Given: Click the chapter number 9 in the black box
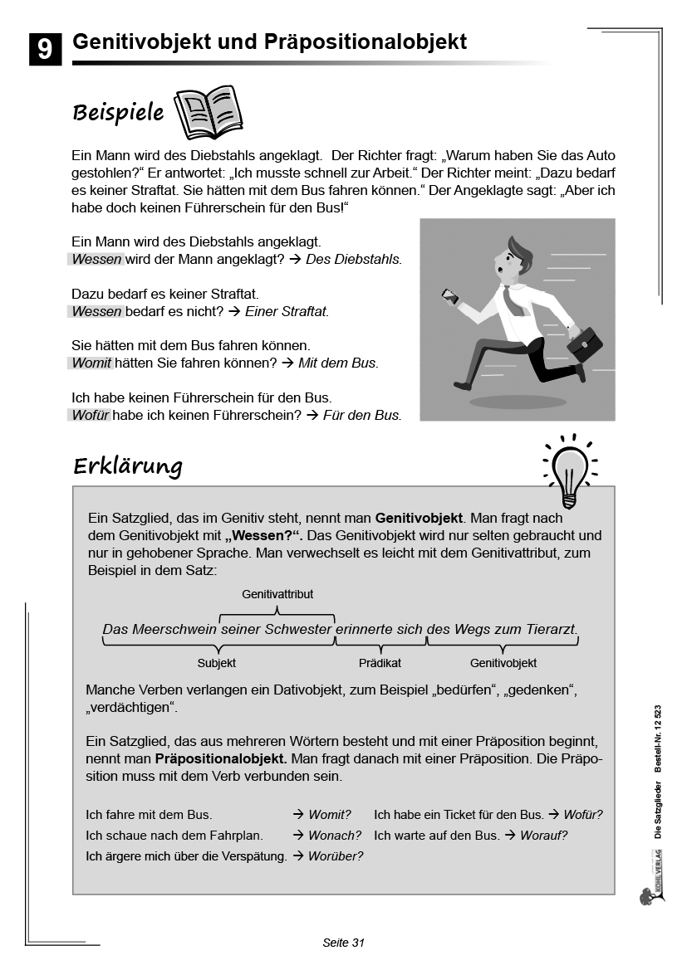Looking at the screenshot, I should point(45,49).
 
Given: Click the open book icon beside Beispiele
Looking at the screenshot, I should point(208,113).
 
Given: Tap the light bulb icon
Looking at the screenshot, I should point(570,471).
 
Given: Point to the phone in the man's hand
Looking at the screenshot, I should point(449,295).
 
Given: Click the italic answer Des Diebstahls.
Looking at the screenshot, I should point(353,260).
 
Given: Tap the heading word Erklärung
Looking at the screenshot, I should point(127,466).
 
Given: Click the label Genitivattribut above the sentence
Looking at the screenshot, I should point(277,594).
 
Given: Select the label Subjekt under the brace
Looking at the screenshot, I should point(217,663).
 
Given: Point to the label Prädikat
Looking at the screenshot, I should point(380,663).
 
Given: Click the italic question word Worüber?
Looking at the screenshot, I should point(335,856).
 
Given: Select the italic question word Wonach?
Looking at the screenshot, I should point(335,836).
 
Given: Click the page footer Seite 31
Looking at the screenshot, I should point(344,943).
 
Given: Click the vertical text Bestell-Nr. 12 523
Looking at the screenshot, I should point(657,738).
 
